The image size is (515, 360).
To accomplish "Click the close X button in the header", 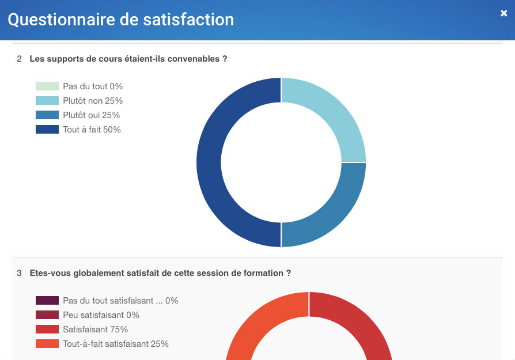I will coord(503,14).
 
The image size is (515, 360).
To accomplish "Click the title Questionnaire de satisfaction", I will coord(121,20).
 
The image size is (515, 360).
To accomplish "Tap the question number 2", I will coord(20,59).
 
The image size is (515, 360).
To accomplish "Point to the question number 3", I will coord(20,273).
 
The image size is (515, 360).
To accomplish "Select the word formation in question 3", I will coord(263,273).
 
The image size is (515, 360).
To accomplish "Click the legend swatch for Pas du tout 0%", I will coord(47,86).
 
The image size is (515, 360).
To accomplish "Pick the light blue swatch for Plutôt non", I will coord(47,101).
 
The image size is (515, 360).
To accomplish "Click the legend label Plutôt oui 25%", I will coord(92,115).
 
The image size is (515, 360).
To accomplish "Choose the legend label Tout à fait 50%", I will coord(92,130).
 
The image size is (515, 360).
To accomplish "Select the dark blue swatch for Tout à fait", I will coord(47,130).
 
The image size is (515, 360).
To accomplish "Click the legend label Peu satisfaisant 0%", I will coord(101,315).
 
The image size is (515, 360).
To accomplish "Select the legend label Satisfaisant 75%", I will coord(95,329).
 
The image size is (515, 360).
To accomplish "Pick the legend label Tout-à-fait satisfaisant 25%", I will coord(116,344).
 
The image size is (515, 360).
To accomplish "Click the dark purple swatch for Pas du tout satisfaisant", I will coord(47,301).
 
